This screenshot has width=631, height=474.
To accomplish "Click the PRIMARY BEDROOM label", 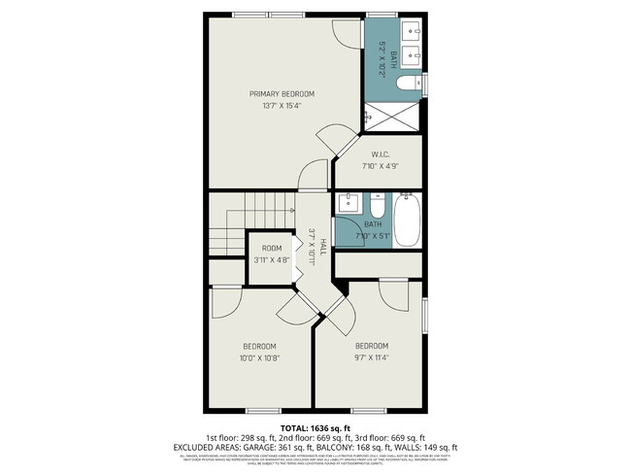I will (282, 94).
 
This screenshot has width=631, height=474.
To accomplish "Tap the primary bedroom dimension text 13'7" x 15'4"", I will (282, 106).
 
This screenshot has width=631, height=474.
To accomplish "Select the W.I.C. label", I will (380, 154).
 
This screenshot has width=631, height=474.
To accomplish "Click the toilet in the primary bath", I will (408, 85).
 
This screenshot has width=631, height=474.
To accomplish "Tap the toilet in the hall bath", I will (377, 207).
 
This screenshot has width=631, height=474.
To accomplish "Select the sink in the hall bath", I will (349, 205).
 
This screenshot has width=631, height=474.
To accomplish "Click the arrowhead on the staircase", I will (291, 209).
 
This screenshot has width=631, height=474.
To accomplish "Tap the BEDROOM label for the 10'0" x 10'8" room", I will (259, 347).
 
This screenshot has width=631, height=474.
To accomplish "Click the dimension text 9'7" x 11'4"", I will (371, 357).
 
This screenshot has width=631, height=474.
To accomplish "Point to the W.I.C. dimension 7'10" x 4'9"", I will (380, 166).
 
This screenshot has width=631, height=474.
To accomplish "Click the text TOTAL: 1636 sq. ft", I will (315, 427).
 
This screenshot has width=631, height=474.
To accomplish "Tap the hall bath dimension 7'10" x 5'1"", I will (372, 236).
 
